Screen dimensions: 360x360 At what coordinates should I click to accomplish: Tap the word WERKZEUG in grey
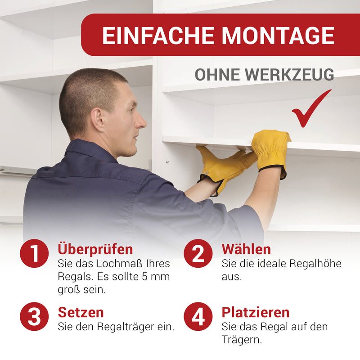pos(289,74)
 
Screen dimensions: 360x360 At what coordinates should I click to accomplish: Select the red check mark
pos(311,108)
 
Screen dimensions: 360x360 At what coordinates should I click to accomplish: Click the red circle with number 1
pos(34,253)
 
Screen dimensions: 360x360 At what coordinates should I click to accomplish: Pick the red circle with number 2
pos(198,253)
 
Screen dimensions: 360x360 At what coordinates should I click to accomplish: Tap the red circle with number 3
pos(34,316)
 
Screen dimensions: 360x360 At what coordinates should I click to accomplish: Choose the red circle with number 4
pos(198,316)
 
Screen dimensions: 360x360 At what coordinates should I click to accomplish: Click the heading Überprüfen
pos(95,249)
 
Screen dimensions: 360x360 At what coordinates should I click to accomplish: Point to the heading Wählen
pos(246,249)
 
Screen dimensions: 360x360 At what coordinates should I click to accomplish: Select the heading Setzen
pos(81,312)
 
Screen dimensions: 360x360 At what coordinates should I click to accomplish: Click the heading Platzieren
pos(256,312)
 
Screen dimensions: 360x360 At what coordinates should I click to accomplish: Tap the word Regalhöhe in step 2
pos(315,264)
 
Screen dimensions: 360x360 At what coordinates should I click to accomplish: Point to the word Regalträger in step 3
pos(126,327)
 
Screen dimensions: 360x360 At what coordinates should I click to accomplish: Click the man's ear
pos(98,120)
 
